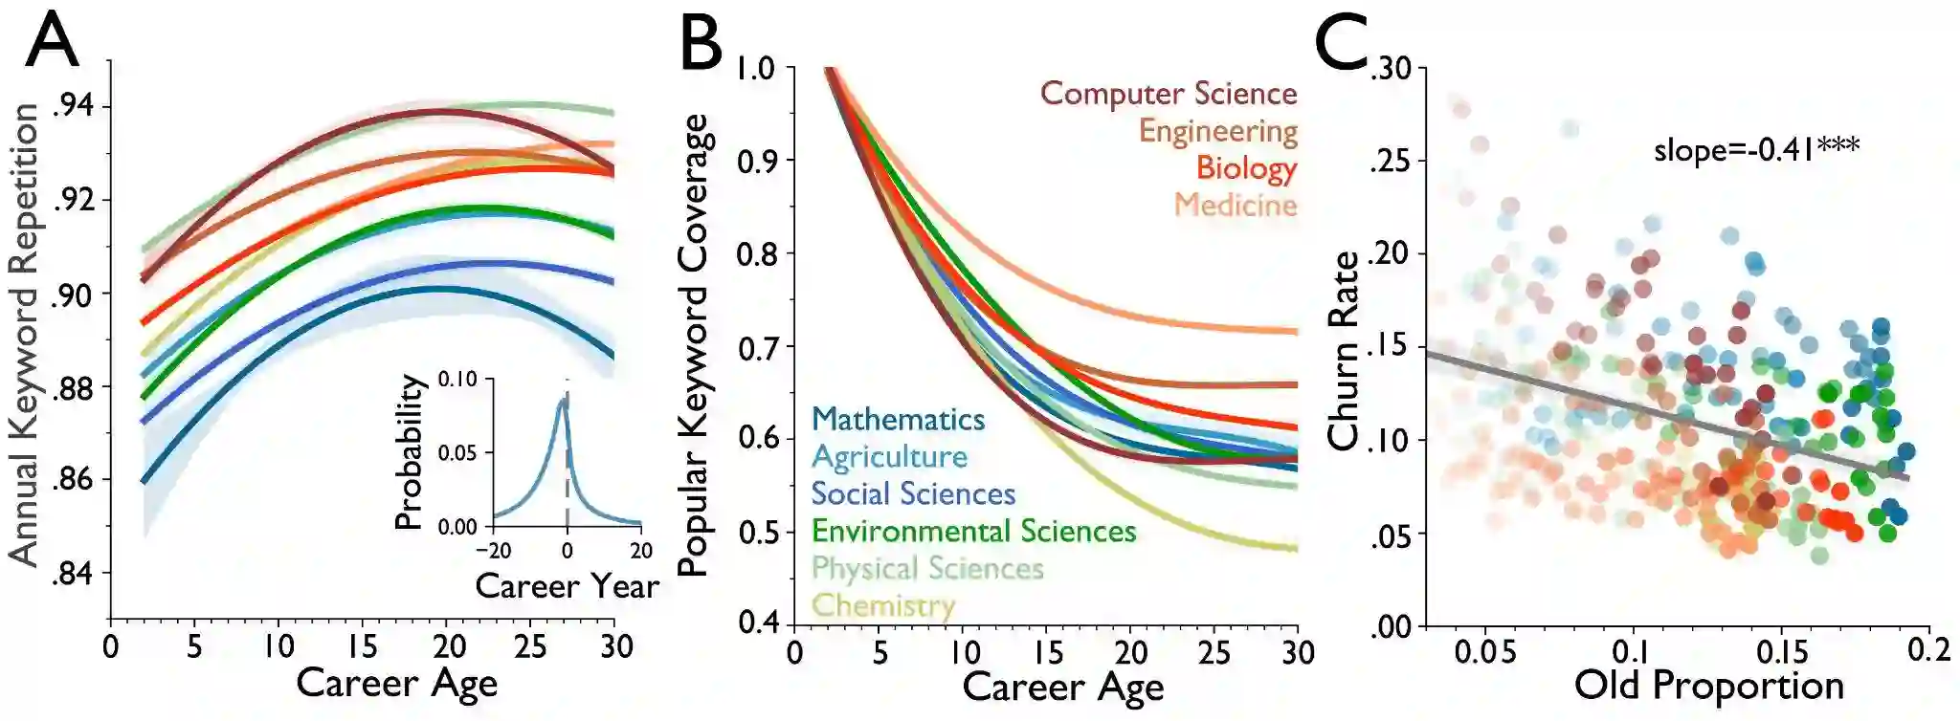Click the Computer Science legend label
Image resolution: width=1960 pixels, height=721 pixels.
pyautogui.click(x=1169, y=94)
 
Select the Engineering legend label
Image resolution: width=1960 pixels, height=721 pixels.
pyautogui.click(x=1217, y=131)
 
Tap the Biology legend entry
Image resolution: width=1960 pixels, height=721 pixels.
pyautogui.click(x=1246, y=167)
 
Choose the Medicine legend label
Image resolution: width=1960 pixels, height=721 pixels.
pyautogui.click(x=1236, y=205)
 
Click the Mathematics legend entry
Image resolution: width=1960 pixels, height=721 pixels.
pyautogui.click(x=898, y=419)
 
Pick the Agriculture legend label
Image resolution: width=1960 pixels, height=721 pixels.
pyautogui.click(x=889, y=456)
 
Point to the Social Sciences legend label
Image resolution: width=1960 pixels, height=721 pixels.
pyautogui.click(x=913, y=493)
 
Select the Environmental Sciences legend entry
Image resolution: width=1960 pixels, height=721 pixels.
pyautogui.click(x=973, y=531)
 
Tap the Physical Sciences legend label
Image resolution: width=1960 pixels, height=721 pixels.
pyautogui.click(x=926, y=568)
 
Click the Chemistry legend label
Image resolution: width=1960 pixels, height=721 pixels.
pyautogui.click(x=882, y=605)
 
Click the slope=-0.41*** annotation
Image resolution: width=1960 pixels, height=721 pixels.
pyautogui.click(x=1756, y=149)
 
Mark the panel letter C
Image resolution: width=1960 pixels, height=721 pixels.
pyautogui.click(x=1342, y=43)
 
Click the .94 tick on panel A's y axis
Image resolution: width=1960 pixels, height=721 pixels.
pyautogui.click(x=74, y=105)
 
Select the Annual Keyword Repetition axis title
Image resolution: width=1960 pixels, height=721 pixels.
pyautogui.click(x=24, y=335)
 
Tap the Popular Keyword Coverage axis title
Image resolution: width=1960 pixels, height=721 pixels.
pyautogui.click(x=693, y=344)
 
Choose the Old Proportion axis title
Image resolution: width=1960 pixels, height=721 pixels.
pyautogui.click(x=1709, y=686)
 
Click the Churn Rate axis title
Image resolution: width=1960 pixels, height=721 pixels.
pyautogui.click(x=1344, y=351)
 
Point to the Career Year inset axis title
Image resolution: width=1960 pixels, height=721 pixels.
pyautogui.click(x=567, y=585)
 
